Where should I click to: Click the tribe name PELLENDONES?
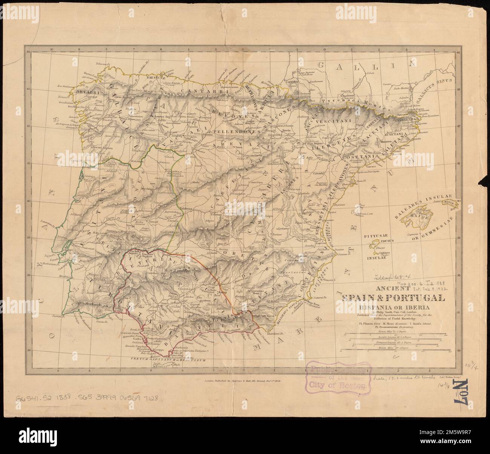click(x=235, y=132)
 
